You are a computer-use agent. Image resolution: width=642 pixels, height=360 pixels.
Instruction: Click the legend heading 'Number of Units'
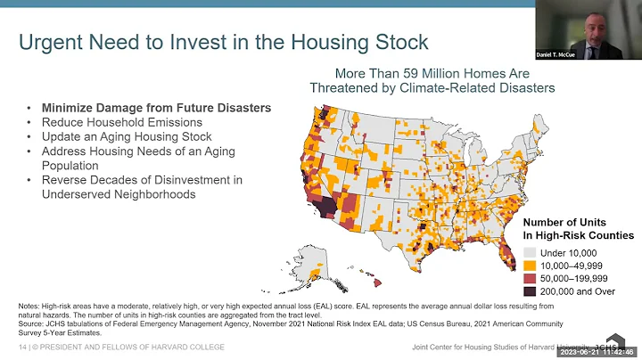point(564,221)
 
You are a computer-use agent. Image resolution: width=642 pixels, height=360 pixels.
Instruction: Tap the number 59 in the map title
point(400,73)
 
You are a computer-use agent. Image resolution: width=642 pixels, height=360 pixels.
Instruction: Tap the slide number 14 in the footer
point(22,346)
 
